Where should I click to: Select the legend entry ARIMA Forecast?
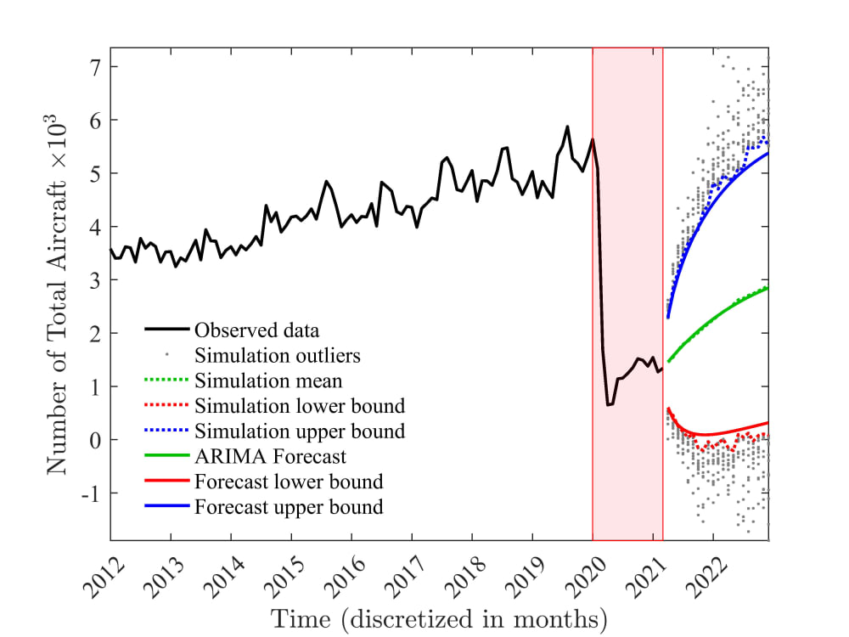click(x=270, y=457)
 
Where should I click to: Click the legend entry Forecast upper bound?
click(x=289, y=508)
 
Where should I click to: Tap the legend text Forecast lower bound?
click(x=289, y=482)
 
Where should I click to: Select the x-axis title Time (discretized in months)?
click(x=439, y=617)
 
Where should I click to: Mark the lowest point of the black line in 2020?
click(x=608, y=405)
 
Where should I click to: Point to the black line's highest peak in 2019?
click(x=567, y=127)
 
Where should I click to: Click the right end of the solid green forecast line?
click(x=768, y=288)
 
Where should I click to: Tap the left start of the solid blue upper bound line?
click(x=668, y=318)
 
